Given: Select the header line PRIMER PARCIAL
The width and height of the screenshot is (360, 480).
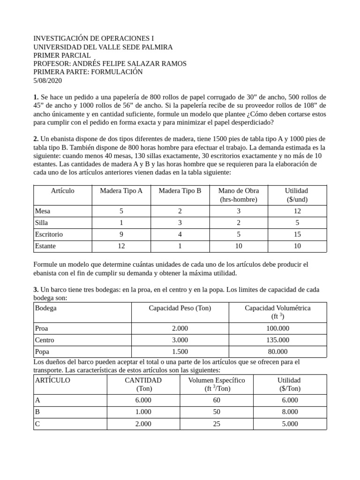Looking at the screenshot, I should coord(62,55).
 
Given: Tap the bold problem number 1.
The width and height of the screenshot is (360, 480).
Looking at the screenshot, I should coord(36,97).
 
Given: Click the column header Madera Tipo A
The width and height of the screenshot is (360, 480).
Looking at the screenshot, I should coord(121,190).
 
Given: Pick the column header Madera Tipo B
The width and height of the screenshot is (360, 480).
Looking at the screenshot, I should coord(180,190).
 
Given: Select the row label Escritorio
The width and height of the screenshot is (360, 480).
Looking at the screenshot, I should coord(49,234).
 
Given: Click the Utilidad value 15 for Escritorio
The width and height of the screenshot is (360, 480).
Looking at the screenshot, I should coord(297,234).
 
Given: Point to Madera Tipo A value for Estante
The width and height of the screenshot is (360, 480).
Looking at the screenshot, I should coord(121,246).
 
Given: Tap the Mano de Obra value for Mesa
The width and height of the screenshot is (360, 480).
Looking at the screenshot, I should coord(239,211).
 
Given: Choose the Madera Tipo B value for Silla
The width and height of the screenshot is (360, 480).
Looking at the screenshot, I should coord(180,223).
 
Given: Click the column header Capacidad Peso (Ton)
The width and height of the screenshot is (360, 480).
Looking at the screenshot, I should coord(180,308).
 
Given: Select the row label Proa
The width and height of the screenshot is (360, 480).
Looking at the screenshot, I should coord(42,329).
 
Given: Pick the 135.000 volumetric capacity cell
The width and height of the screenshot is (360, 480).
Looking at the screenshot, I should coord(277,340).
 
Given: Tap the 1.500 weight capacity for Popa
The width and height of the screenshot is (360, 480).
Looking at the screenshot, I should coord(180,352).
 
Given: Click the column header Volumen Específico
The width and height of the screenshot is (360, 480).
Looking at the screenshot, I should coord(217,380).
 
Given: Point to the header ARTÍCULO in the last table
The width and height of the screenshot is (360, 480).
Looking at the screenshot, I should coord(52,380).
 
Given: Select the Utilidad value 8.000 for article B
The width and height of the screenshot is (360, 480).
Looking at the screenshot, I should coord(290,412).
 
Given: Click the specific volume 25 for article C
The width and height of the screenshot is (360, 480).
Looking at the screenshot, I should coord(217,423).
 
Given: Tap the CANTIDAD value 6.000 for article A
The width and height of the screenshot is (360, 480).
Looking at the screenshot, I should coord(143,400).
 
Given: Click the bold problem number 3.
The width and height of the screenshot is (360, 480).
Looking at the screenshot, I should coord(36,290).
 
